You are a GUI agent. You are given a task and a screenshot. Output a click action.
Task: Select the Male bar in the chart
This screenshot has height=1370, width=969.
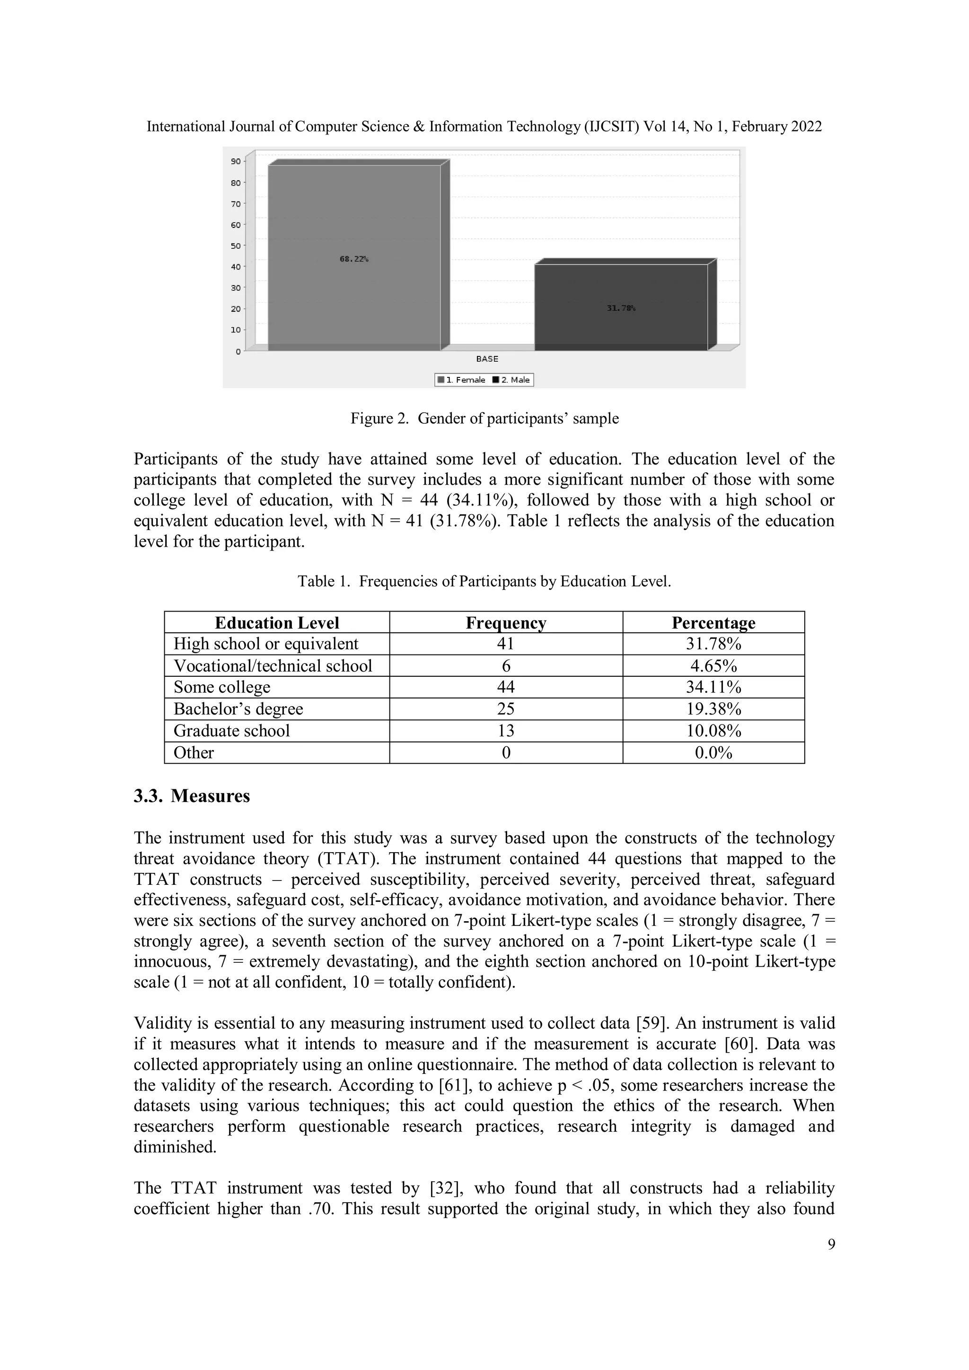coord(621,322)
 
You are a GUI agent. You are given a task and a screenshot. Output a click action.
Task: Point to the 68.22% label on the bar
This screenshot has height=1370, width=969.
coord(354,259)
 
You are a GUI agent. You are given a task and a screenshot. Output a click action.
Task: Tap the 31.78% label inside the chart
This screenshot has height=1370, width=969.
coord(621,308)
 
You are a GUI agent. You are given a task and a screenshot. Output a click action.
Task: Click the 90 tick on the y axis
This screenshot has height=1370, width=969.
coord(237,162)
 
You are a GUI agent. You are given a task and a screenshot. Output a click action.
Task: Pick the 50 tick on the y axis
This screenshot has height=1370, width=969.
coord(237,246)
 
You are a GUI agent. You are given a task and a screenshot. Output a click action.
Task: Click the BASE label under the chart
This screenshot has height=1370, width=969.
coord(487,358)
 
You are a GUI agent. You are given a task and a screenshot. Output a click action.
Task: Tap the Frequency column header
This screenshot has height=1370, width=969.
coord(506,623)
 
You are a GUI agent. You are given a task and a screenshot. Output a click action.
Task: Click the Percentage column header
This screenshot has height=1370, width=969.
coord(714,623)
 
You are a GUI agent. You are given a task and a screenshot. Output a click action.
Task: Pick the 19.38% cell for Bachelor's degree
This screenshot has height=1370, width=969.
coord(714,709)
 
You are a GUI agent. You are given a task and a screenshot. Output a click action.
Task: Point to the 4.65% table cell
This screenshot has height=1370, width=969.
coord(714,666)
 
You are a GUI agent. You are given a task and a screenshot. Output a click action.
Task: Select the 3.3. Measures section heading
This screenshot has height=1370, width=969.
coord(192,796)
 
